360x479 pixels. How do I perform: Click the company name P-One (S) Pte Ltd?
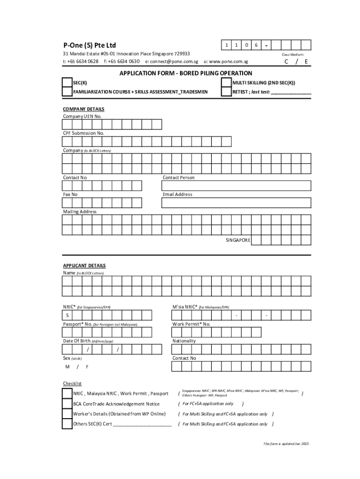(x=89, y=45)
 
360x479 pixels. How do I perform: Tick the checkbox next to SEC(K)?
(x=67, y=83)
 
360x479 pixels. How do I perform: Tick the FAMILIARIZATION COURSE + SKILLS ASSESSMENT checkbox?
(x=67, y=92)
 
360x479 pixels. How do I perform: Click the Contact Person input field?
(x=236, y=186)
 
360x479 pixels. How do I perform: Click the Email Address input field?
(x=236, y=203)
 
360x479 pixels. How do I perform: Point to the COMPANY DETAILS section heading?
(x=84, y=109)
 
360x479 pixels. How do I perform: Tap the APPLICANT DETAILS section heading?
(x=84, y=265)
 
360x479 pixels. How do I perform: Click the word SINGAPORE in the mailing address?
(x=238, y=240)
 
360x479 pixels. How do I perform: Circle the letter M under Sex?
(x=67, y=367)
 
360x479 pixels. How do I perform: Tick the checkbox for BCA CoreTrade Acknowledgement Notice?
(x=67, y=404)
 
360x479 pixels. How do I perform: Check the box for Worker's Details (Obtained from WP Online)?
(x=67, y=414)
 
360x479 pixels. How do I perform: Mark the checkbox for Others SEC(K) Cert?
(x=67, y=424)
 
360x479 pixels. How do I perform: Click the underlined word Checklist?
(x=72, y=384)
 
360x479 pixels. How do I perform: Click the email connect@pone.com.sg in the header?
(x=172, y=61)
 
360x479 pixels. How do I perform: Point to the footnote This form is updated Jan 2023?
(x=286, y=443)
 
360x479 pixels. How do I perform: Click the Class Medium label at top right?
(x=293, y=55)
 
